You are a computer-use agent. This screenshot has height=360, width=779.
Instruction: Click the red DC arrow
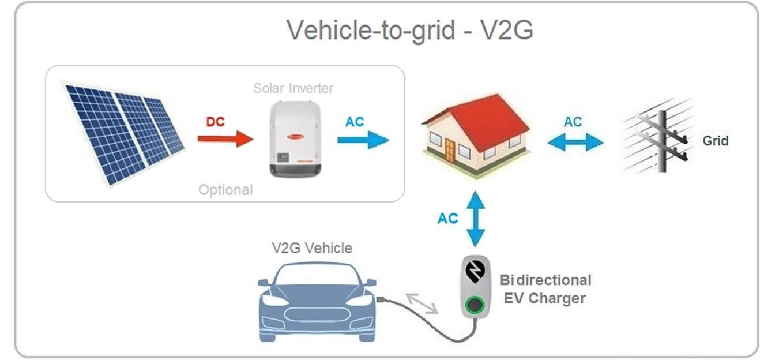pyautogui.click(x=225, y=139)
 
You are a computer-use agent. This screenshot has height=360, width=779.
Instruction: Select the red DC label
pyautogui.click(x=216, y=122)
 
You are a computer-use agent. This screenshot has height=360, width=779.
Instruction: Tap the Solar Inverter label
pyautogui.click(x=293, y=88)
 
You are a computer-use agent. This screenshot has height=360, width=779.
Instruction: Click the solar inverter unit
pyautogui.click(x=295, y=139)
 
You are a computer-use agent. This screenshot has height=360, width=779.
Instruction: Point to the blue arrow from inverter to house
pyautogui.click(x=363, y=140)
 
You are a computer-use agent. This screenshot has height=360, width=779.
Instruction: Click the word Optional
pyautogui.click(x=225, y=190)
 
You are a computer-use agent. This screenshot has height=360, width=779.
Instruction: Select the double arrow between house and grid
pyautogui.click(x=575, y=142)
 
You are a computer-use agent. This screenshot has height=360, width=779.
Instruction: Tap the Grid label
pyautogui.click(x=716, y=141)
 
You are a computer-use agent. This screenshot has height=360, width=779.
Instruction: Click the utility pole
pyautogui.click(x=662, y=141)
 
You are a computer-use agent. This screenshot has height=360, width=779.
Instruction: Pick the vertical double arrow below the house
pyautogui.click(x=475, y=219)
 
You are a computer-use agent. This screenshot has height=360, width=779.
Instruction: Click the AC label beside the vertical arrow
pyautogui.click(x=447, y=219)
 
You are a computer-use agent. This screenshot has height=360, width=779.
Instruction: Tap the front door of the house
pyautogui.click(x=450, y=150)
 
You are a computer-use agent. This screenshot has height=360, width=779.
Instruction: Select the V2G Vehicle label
pyautogui.click(x=312, y=248)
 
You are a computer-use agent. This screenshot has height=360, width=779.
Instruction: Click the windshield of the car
pyautogui.click(x=316, y=275)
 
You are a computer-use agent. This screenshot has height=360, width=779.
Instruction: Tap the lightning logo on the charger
pyautogui.click(x=475, y=270)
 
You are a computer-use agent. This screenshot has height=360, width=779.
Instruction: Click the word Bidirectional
pyautogui.click(x=545, y=280)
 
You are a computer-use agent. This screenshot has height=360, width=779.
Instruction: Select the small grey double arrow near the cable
pyautogui.click(x=422, y=303)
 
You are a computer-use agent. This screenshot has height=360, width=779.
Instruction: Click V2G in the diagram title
pyautogui.click(x=506, y=30)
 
